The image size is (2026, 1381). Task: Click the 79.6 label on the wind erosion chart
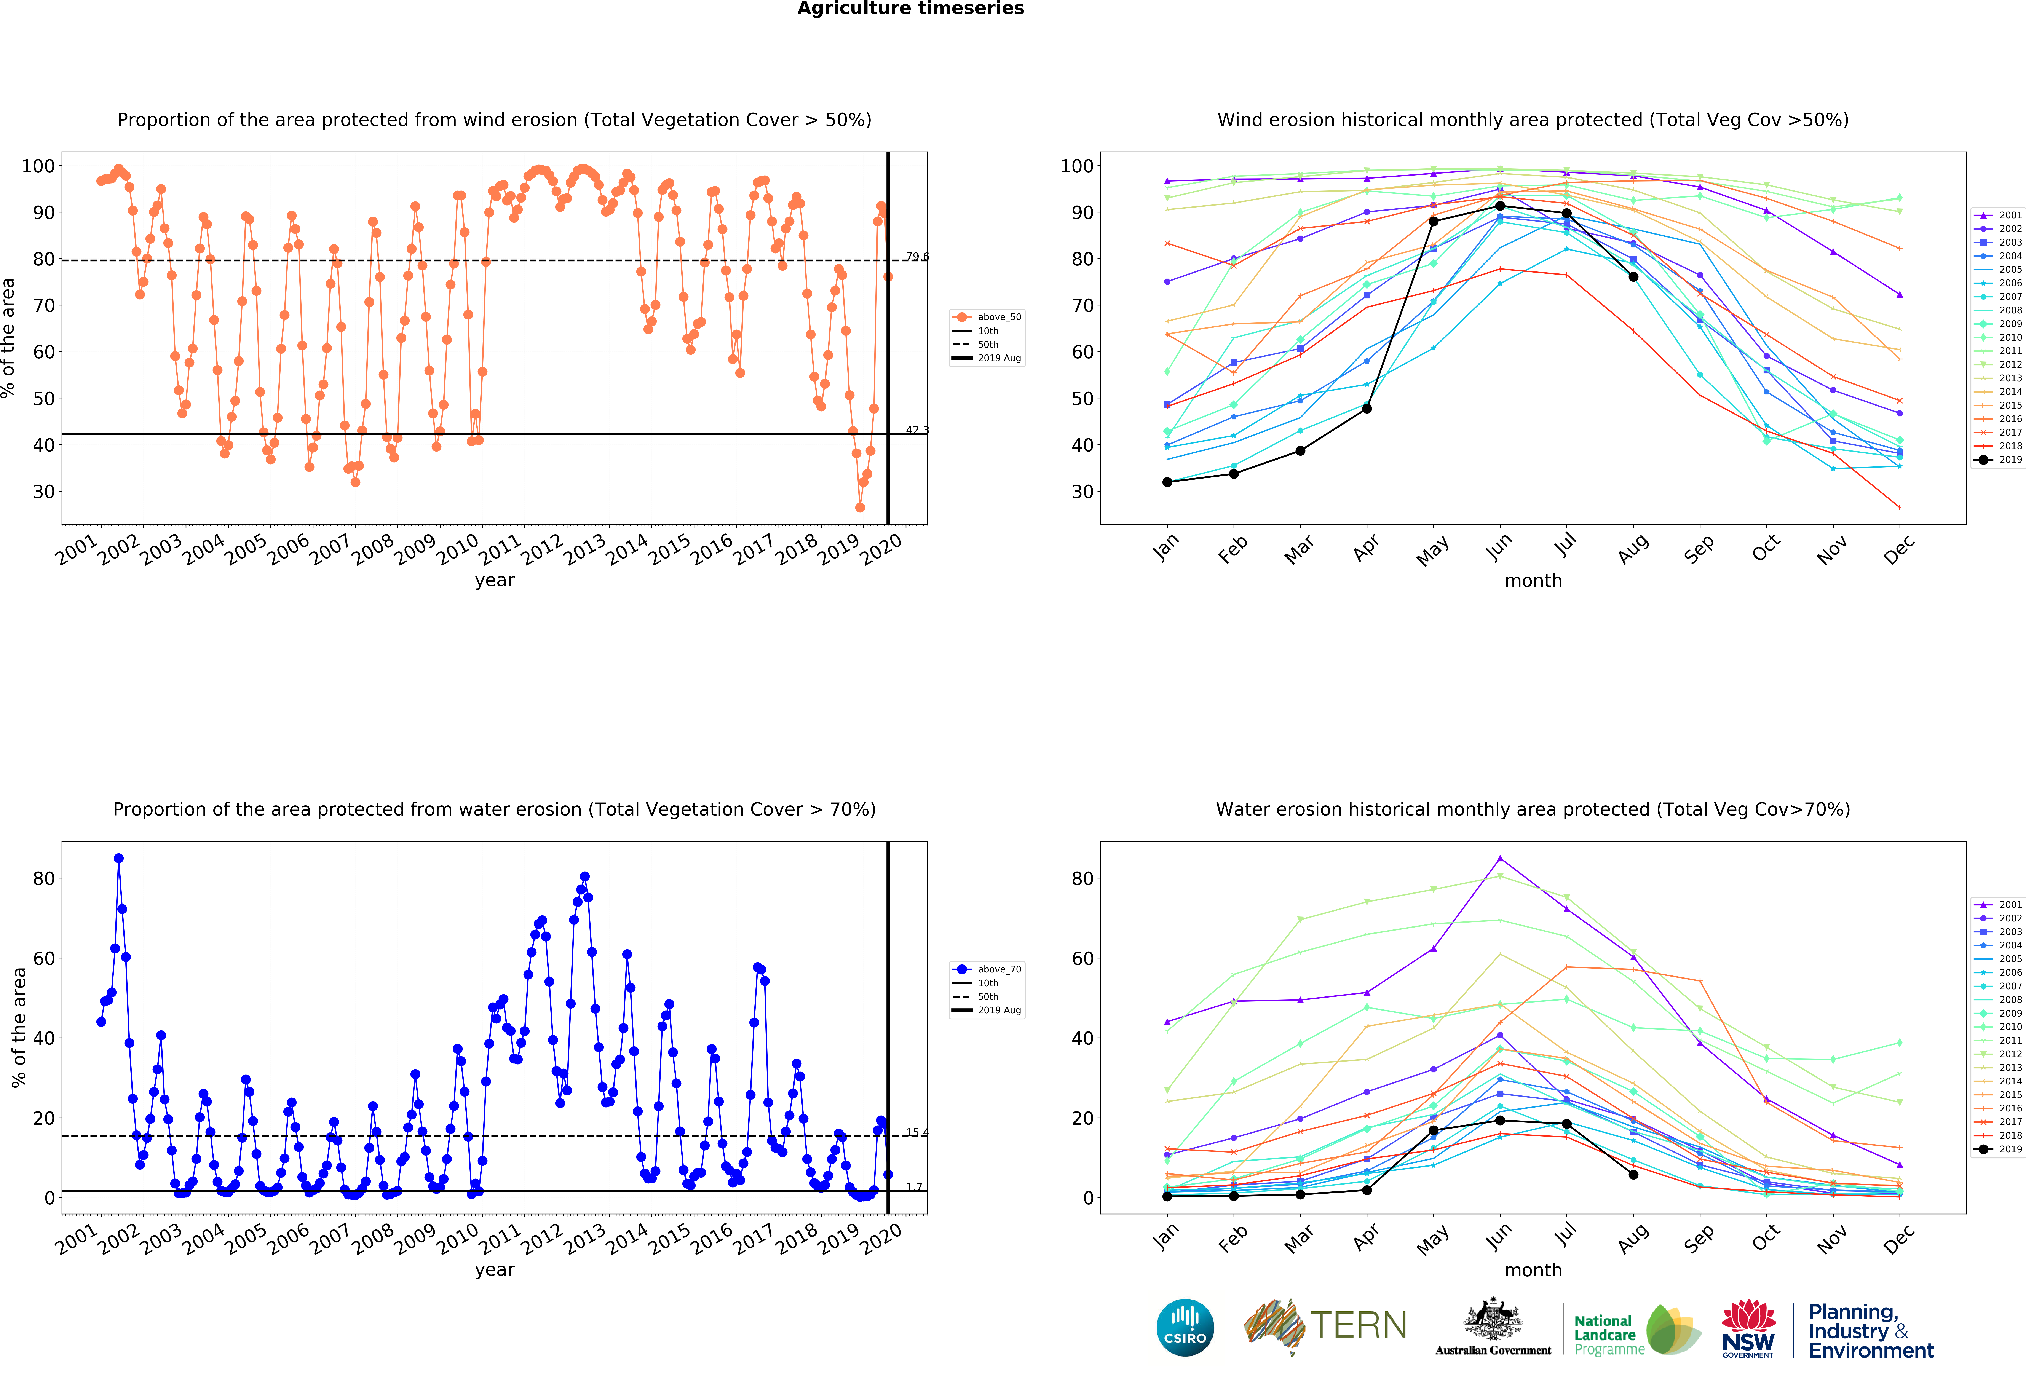point(916,257)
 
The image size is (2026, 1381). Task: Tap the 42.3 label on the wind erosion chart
point(916,430)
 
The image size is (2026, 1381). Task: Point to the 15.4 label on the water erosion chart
point(916,1132)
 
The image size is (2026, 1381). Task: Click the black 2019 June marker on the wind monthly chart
point(1499,206)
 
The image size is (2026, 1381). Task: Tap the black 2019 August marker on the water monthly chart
point(1633,1174)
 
